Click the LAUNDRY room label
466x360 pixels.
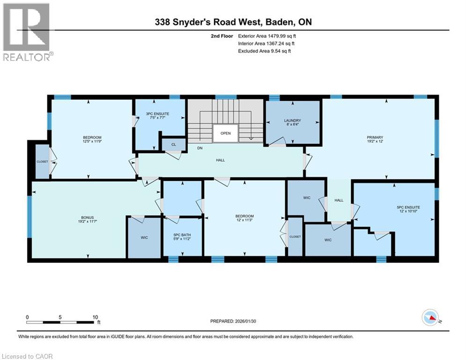pos(293,120)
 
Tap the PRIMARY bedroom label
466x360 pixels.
pos(374,138)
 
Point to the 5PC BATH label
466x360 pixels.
pos(182,236)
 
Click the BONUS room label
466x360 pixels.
pos(88,217)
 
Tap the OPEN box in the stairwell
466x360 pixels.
pos(225,133)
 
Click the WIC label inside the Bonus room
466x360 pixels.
pos(144,238)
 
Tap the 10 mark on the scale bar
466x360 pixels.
pos(95,317)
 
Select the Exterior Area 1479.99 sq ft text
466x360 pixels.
pos(266,36)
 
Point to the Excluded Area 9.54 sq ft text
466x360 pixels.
pos(264,51)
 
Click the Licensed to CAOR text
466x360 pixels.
pos(28,356)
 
